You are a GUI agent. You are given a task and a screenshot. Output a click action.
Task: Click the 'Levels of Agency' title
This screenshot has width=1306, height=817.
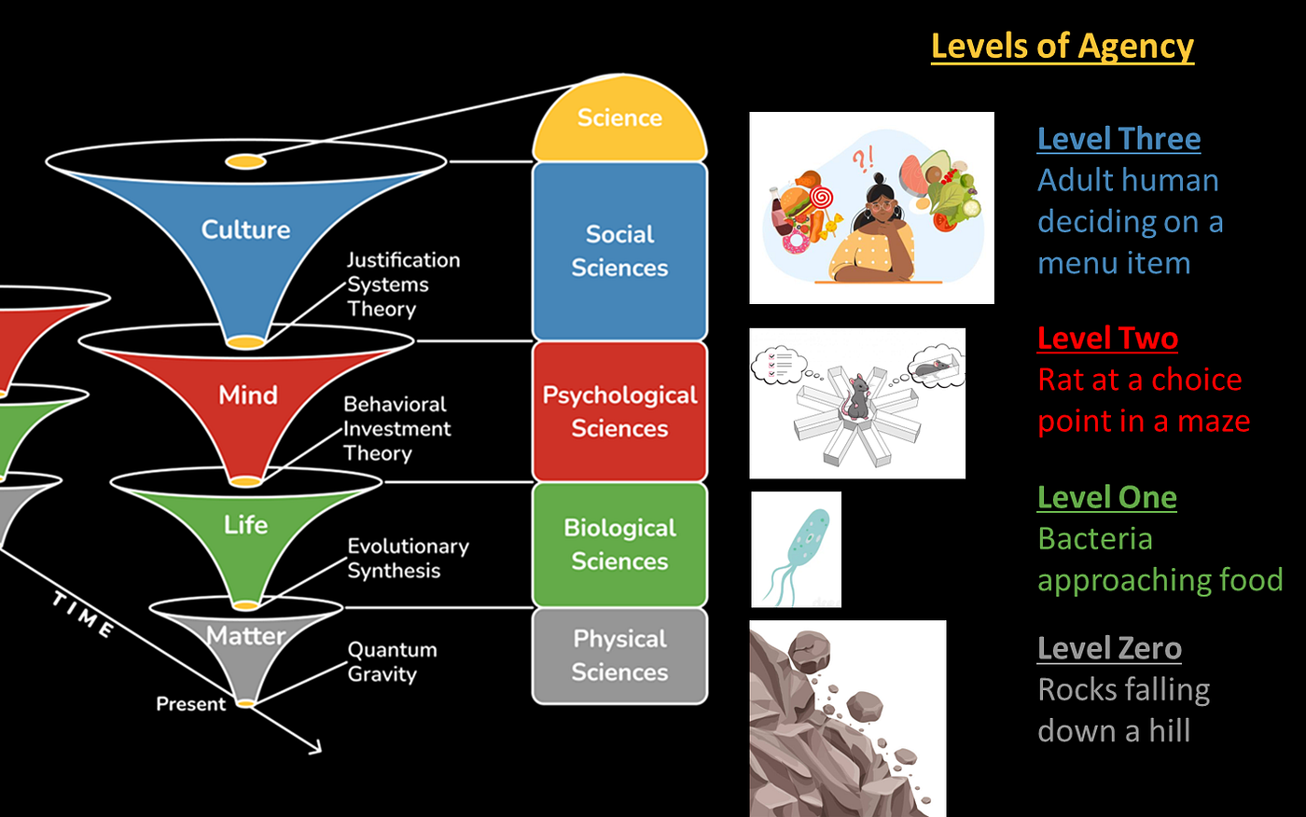click(1062, 46)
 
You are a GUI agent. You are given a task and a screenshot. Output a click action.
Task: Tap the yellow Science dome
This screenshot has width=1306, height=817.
click(619, 118)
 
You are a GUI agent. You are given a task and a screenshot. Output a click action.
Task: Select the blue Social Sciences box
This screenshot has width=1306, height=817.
click(619, 251)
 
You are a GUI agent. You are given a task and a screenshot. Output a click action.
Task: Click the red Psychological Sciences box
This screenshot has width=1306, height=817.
click(619, 411)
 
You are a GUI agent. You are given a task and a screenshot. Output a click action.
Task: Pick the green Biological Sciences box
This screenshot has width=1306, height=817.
click(619, 545)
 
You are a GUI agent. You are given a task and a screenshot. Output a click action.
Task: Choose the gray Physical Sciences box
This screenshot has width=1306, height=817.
click(619, 655)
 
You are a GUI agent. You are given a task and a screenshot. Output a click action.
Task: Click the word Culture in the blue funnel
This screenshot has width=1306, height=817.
click(245, 229)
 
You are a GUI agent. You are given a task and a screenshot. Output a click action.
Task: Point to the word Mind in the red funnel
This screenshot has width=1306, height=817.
click(247, 395)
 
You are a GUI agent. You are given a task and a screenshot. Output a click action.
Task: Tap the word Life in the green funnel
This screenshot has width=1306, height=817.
click(245, 525)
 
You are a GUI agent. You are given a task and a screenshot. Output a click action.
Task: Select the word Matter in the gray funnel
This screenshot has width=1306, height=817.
click(245, 636)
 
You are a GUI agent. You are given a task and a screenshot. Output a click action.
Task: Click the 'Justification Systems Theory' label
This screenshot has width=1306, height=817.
click(402, 284)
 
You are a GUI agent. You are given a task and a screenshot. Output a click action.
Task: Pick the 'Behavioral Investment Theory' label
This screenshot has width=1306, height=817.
click(396, 429)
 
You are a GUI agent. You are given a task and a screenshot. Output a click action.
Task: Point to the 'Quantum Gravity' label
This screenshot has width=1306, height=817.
click(392, 661)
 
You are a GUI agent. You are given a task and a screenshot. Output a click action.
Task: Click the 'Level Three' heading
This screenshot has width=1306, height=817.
click(1118, 139)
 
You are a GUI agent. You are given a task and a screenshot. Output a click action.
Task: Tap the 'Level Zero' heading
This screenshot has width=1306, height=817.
click(1109, 648)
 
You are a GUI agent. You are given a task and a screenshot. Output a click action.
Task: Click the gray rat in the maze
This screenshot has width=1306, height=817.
click(856, 397)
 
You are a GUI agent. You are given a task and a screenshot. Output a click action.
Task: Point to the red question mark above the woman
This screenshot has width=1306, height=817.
click(859, 159)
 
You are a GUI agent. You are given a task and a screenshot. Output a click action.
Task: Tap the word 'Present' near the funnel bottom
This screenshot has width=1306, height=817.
click(190, 704)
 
